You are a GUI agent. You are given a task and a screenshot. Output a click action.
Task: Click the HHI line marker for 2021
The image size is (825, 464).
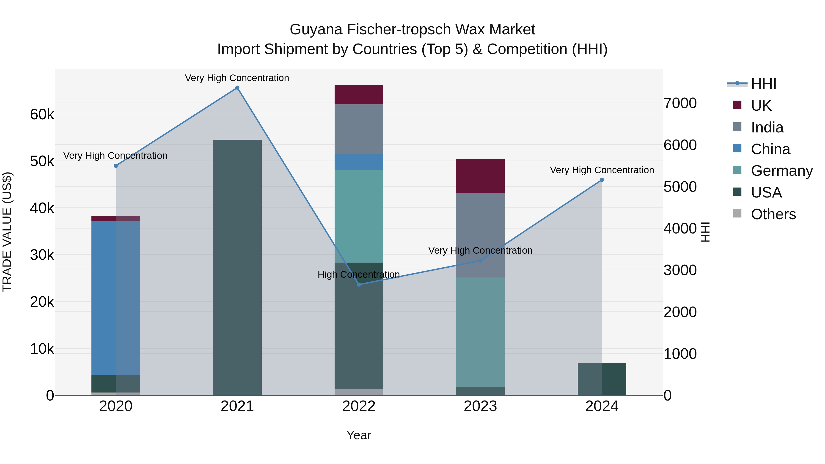tap(237, 88)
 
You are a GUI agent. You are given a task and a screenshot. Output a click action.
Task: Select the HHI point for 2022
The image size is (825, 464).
tap(359, 284)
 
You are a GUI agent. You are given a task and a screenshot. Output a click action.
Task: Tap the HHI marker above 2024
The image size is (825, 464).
tap(602, 180)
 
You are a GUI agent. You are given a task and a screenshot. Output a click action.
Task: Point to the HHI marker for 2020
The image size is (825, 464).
tap(116, 166)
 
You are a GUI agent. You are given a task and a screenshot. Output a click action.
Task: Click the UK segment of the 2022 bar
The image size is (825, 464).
tap(359, 95)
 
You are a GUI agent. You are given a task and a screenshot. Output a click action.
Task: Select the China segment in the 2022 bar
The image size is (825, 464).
tap(359, 162)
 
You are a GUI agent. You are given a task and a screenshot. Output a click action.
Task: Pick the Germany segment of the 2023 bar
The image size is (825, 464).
tap(480, 332)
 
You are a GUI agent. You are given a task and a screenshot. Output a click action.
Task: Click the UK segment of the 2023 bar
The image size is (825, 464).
tap(480, 176)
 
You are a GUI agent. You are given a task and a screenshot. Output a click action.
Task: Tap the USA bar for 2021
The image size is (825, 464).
tap(237, 267)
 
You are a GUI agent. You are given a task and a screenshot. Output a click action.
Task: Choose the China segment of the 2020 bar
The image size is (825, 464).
tap(116, 298)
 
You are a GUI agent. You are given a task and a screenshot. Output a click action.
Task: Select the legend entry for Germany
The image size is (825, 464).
tap(781, 171)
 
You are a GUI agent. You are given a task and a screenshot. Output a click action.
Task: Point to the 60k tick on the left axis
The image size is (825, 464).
tap(42, 114)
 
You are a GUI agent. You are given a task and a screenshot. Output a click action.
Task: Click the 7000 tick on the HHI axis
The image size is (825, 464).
tap(680, 103)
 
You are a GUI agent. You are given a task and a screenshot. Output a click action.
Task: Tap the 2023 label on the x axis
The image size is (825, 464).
tap(480, 406)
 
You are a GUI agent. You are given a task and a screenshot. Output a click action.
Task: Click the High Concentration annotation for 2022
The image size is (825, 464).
tap(359, 275)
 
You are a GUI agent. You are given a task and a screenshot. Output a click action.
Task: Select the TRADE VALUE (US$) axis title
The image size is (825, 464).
tap(7, 232)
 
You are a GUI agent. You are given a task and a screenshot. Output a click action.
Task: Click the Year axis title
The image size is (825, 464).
tap(359, 435)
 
